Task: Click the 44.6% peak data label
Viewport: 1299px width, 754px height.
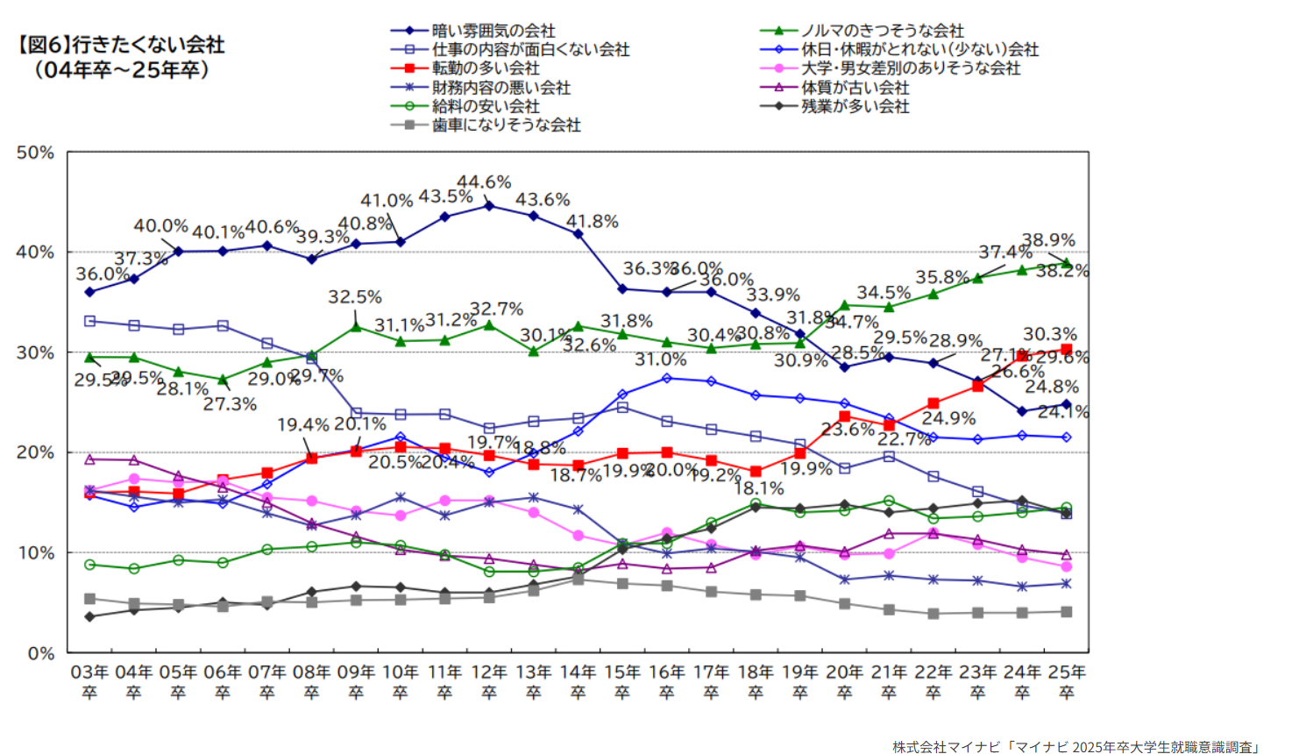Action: [x=484, y=182]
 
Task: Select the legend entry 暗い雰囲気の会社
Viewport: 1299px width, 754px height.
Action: [x=493, y=31]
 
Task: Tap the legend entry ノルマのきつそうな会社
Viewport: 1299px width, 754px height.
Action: [x=882, y=31]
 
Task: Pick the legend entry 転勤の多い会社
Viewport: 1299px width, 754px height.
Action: [x=486, y=68]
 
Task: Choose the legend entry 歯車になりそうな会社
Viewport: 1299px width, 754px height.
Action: [x=506, y=125]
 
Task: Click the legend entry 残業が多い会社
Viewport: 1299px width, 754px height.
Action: [x=855, y=106]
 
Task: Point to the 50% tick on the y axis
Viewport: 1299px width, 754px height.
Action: [x=35, y=153]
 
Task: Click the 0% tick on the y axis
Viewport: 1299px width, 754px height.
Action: [x=40, y=653]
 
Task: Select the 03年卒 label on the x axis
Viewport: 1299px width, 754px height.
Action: [x=89, y=681]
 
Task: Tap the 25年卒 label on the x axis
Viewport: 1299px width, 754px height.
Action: [x=1066, y=681]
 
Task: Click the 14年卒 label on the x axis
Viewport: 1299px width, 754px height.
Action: [x=578, y=681]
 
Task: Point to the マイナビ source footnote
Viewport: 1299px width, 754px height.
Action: [x=1075, y=746]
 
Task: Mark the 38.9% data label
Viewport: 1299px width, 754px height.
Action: [x=1048, y=240]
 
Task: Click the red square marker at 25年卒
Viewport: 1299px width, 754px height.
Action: [x=1066, y=350]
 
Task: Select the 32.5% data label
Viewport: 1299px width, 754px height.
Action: [x=355, y=297]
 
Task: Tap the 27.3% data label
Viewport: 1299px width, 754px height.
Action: [x=230, y=404]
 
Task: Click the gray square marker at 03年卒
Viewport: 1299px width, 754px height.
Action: [x=89, y=599]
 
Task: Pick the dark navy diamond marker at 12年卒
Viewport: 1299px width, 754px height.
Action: [x=489, y=206]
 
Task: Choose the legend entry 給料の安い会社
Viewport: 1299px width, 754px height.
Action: [x=486, y=106]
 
